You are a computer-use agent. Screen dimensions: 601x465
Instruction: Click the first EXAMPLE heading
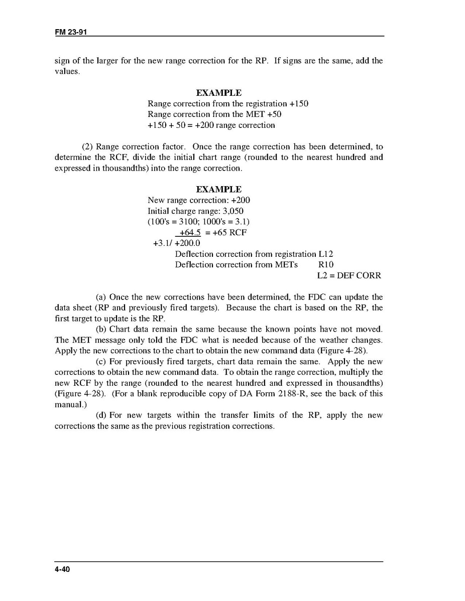[218, 93]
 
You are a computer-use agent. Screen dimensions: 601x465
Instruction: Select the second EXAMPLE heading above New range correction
[218, 189]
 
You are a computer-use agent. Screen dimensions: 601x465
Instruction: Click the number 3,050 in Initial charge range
[232, 211]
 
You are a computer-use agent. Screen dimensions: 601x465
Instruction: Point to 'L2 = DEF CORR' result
[349, 275]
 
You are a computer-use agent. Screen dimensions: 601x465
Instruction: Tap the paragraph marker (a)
[101, 297]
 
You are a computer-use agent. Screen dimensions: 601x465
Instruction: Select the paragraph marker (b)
[101, 330]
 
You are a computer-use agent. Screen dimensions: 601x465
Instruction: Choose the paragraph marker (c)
[101, 362]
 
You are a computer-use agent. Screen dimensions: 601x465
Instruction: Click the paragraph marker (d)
[101, 415]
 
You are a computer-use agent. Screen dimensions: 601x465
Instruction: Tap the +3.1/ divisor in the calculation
[163, 244]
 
